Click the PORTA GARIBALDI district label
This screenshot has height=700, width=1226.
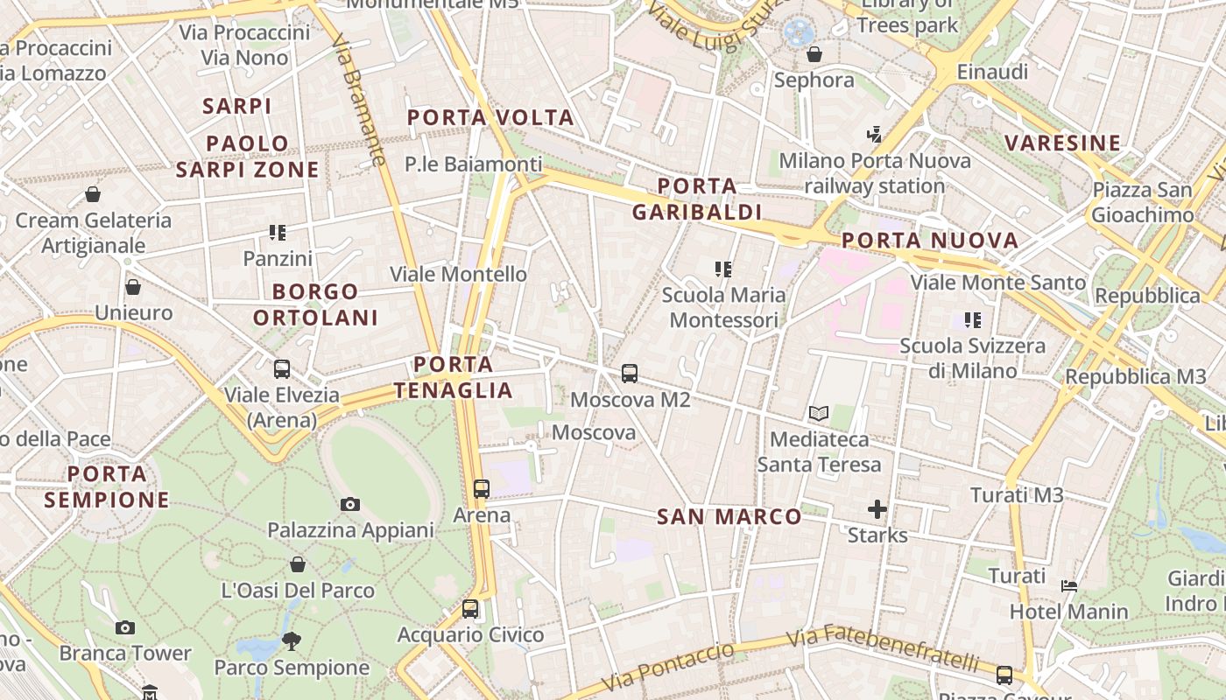click(697, 199)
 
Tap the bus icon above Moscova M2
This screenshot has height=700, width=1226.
click(630, 374)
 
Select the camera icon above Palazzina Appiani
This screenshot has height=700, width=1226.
click(350, 504)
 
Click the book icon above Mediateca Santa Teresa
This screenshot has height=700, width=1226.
click(819, 413)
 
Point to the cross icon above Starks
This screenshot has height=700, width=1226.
click(877, 508)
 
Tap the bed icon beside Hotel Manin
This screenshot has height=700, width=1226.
click(1069, 585)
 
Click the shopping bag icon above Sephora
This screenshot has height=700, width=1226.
click(814, 54)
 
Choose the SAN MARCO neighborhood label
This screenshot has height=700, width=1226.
click(729, 517)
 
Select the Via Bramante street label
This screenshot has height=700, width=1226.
click(359, 99)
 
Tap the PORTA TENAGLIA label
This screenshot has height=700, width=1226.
click(454, 377)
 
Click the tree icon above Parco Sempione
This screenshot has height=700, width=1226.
click(292, 641)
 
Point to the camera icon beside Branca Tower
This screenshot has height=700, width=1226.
click(125, 627)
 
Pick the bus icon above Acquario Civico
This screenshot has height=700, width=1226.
click(470, 608)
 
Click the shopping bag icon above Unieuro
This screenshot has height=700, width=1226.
click(133, 286)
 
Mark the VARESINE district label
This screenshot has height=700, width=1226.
click(1062, 143)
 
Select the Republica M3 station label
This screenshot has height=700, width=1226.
click(1135, 377)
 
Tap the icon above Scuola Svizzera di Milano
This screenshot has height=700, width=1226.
click(972, 320)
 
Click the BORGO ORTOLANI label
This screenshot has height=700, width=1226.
click(315, 304)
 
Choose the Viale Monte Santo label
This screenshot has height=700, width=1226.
click(998, 283)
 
